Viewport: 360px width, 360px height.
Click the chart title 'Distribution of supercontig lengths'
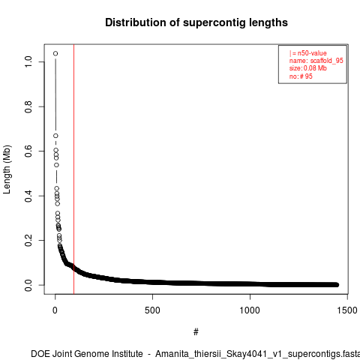point(196,22)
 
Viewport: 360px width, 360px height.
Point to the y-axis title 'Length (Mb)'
point(7,169)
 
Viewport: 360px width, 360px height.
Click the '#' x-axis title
point(196,332)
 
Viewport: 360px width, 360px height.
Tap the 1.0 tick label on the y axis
point(28,61)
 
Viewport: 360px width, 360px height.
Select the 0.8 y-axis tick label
point(28,106)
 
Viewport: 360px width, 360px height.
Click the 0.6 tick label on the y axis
point(28,151)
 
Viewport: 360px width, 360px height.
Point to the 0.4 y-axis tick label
point(28,196)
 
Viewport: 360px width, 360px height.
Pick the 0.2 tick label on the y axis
point(28,240)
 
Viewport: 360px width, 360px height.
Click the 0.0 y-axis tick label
point(28,285)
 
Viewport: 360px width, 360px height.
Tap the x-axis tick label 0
point(55,310)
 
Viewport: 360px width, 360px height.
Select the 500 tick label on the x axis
point(152,310)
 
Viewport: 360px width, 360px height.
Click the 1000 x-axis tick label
point(250,310)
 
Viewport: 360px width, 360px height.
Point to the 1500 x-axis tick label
point(347,310)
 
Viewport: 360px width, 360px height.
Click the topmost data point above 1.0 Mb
point(55,53)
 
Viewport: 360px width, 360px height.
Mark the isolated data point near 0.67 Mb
point(55,136)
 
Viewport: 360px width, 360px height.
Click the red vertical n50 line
point(73,169)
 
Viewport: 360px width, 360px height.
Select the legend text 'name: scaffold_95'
point(316,61)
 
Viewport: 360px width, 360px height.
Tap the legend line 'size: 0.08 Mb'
point(308,68)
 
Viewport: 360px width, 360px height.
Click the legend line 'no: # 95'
point(301,76)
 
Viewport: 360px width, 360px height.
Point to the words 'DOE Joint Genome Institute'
point(87,354)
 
